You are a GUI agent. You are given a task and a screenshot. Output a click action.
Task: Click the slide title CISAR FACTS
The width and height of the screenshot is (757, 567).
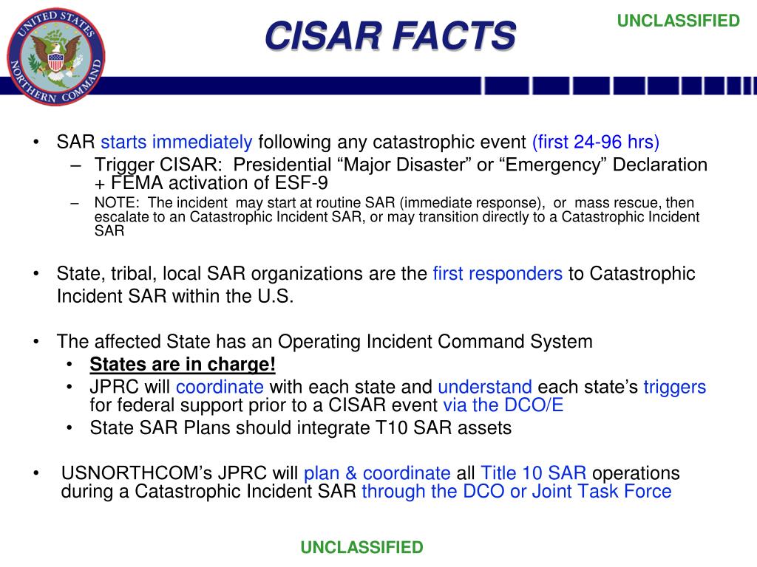pyautogui.click(x=390, y=35)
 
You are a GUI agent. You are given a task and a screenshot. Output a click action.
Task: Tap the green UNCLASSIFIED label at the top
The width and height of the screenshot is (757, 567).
pyautogui.click(x=678, y=21)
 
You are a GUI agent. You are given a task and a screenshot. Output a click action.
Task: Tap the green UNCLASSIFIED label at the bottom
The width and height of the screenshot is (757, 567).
pyautogui.click(x=361, y=547)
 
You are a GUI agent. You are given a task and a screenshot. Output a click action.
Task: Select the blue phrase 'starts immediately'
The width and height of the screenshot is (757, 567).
pyautogui.click(x=177, y=142)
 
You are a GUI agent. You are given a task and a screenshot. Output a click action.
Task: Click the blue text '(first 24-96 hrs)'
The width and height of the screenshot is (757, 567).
pyautogui.click(x=596, y=142)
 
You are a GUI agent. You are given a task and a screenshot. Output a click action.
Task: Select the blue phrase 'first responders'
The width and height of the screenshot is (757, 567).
pyautogui.click(x=498, y=274)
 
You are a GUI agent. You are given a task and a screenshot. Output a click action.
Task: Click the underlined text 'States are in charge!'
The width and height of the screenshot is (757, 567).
pyautogui.click(x=182, y=365)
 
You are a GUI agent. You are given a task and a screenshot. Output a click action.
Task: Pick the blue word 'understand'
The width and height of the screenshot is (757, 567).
pyautogui.click(x=484, y=387)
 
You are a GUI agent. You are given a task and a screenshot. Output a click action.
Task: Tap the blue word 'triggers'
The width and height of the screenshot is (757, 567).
pyautogui.click(x=674, y=387)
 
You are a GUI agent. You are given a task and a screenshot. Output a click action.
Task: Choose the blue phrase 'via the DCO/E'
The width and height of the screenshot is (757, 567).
pyautogui.click(x=503, y=405)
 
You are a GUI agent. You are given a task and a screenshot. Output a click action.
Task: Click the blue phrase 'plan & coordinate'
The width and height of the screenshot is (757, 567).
pyautogui.click(x=377, y=473)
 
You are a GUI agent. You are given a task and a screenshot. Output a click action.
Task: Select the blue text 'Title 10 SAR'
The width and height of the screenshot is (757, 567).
pyautogui.click(x=534, y=473)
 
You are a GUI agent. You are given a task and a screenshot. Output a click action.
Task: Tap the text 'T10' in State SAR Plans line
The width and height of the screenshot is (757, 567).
pyautogui.click(x=413, y=427)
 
